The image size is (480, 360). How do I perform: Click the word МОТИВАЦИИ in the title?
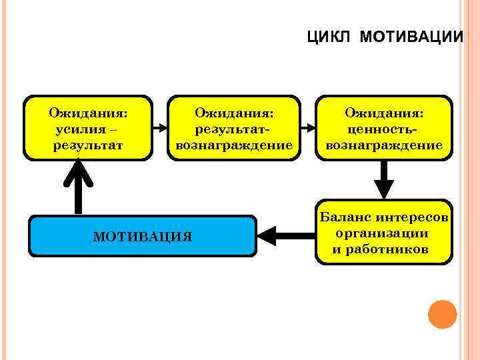(411, 37)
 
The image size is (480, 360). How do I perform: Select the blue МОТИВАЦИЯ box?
(143, 236)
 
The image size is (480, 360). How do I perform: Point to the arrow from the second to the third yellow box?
(308, 127)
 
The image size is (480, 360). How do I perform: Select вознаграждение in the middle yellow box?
(234, 145)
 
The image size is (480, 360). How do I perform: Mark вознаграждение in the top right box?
(384, 145)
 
